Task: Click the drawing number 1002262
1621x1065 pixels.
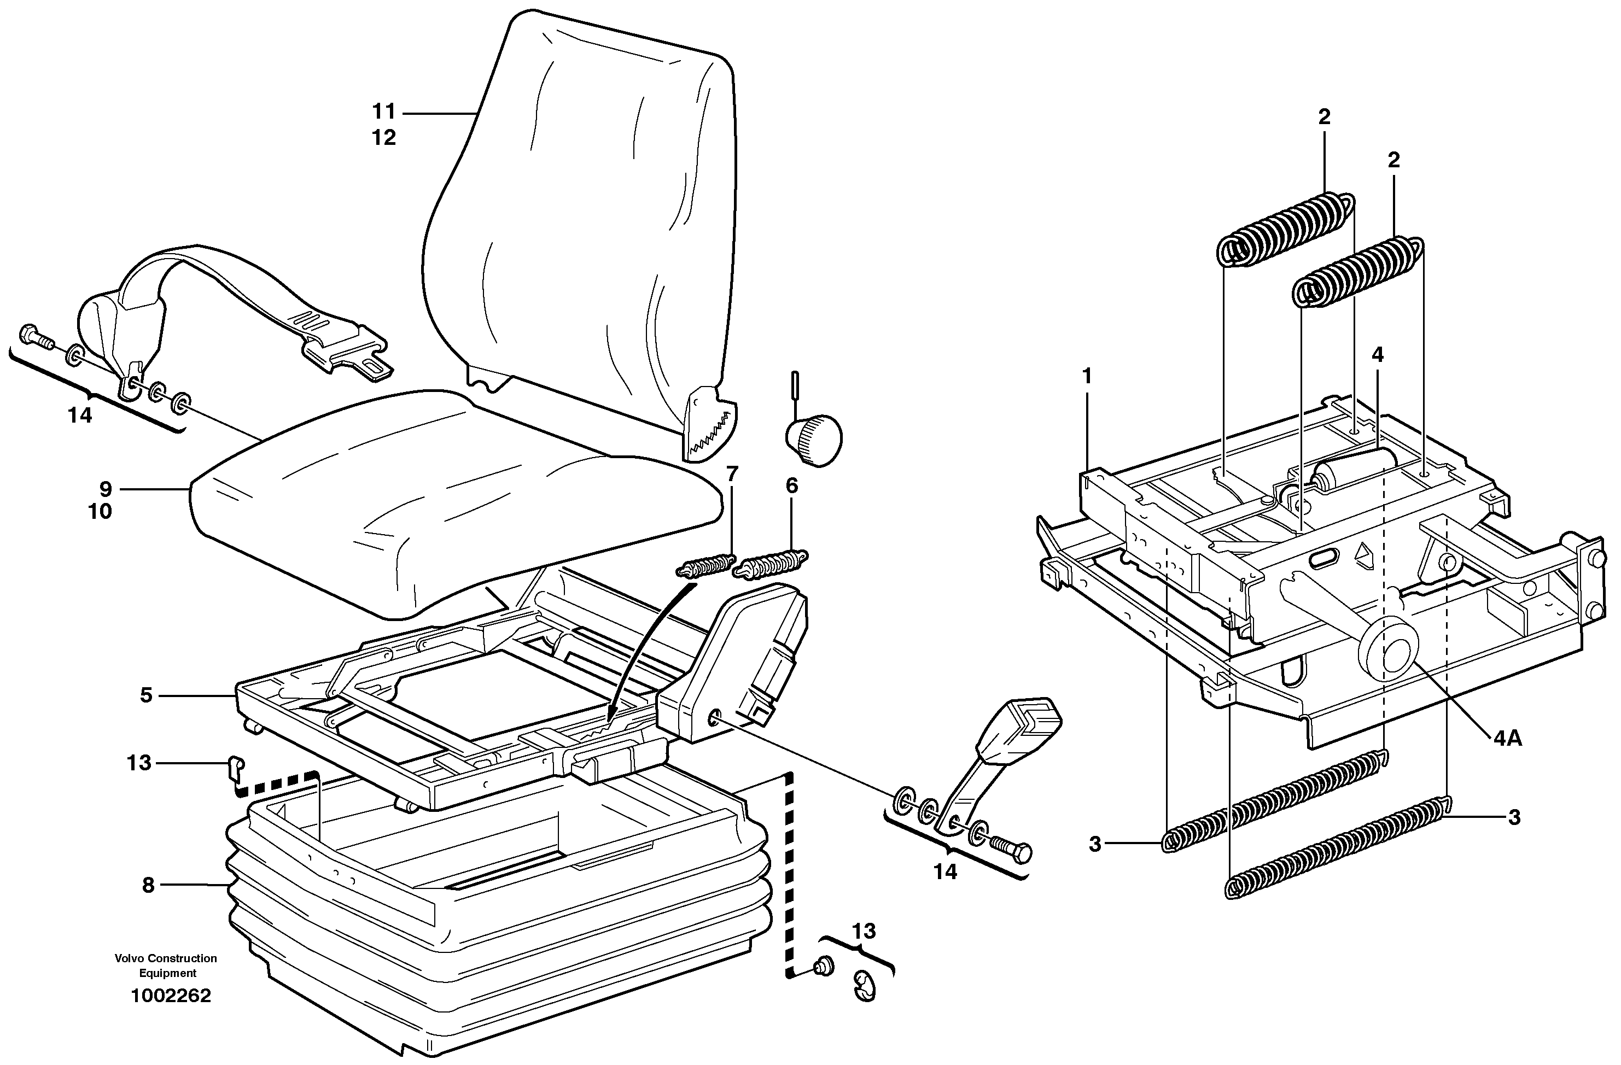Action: point(171,996)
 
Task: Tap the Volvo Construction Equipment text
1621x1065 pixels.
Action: point(166,965)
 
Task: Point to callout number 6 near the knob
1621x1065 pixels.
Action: point(791,485)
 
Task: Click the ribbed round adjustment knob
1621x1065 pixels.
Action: point(814,441)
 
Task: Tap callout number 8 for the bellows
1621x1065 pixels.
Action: point(148,885)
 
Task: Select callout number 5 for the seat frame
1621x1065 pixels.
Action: point(146,695)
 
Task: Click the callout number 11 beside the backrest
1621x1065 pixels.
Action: point(383,111)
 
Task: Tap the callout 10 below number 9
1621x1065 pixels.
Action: point(100,511)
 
